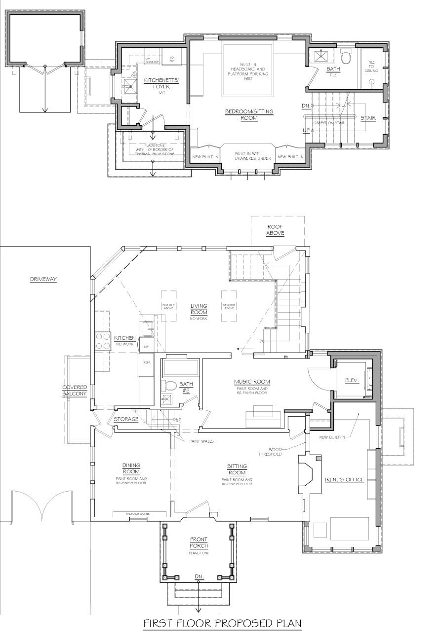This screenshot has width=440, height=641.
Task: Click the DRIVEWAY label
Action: tap(43, 279)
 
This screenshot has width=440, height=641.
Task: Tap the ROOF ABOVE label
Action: tap(275, 230)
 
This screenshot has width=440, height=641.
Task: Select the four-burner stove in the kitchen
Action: tap(103, 341)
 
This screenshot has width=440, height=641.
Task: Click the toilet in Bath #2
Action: tap(170, 385)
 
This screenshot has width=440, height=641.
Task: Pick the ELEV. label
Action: tap(352, 380)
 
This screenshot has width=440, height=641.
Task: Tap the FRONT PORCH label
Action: tap(199, 542)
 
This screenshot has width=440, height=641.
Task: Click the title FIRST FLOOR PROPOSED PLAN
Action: tap(222, 624)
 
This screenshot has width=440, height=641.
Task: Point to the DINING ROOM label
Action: tap(131, 468)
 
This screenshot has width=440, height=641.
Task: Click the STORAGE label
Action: tap(126, 420)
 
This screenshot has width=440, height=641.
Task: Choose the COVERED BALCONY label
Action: tap(75, 391)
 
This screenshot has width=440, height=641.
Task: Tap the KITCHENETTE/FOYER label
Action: tap(157, 83)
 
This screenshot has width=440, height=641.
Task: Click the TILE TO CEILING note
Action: tap(371, 66)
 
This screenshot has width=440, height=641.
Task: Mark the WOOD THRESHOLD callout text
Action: tap(272, 452)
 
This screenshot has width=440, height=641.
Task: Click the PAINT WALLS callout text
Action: tap(201, 441)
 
